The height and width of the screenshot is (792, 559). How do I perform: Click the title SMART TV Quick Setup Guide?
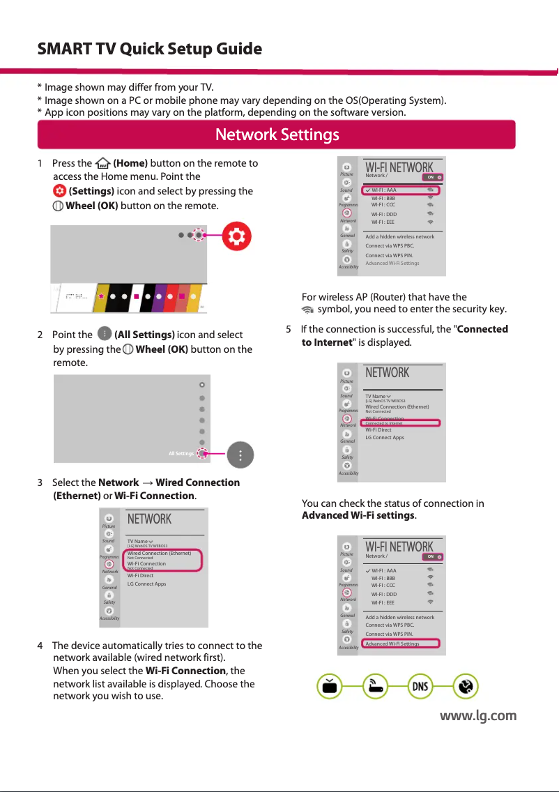(x=149, y=49)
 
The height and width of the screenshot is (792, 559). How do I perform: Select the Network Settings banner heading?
(x=277, y=134)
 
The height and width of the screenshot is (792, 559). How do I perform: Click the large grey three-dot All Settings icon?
(x=240, y=455)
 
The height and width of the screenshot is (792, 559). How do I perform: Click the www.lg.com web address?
(x=477, y=715)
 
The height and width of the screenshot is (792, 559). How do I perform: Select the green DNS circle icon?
(x=420, y=687)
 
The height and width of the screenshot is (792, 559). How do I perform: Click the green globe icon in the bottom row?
(x=465, y=687)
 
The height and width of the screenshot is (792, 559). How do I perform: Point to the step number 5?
(x=289, y=329)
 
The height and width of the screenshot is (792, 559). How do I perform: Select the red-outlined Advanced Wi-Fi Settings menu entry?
(x=401, y=643)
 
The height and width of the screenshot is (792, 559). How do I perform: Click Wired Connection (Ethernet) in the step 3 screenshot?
(x=160, y=553)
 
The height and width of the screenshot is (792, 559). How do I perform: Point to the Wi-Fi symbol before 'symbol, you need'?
(x=307, y=310)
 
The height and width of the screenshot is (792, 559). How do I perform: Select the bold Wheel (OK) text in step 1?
(x=91, y=206)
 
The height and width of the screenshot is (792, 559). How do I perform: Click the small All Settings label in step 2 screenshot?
(x=181, y=454)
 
